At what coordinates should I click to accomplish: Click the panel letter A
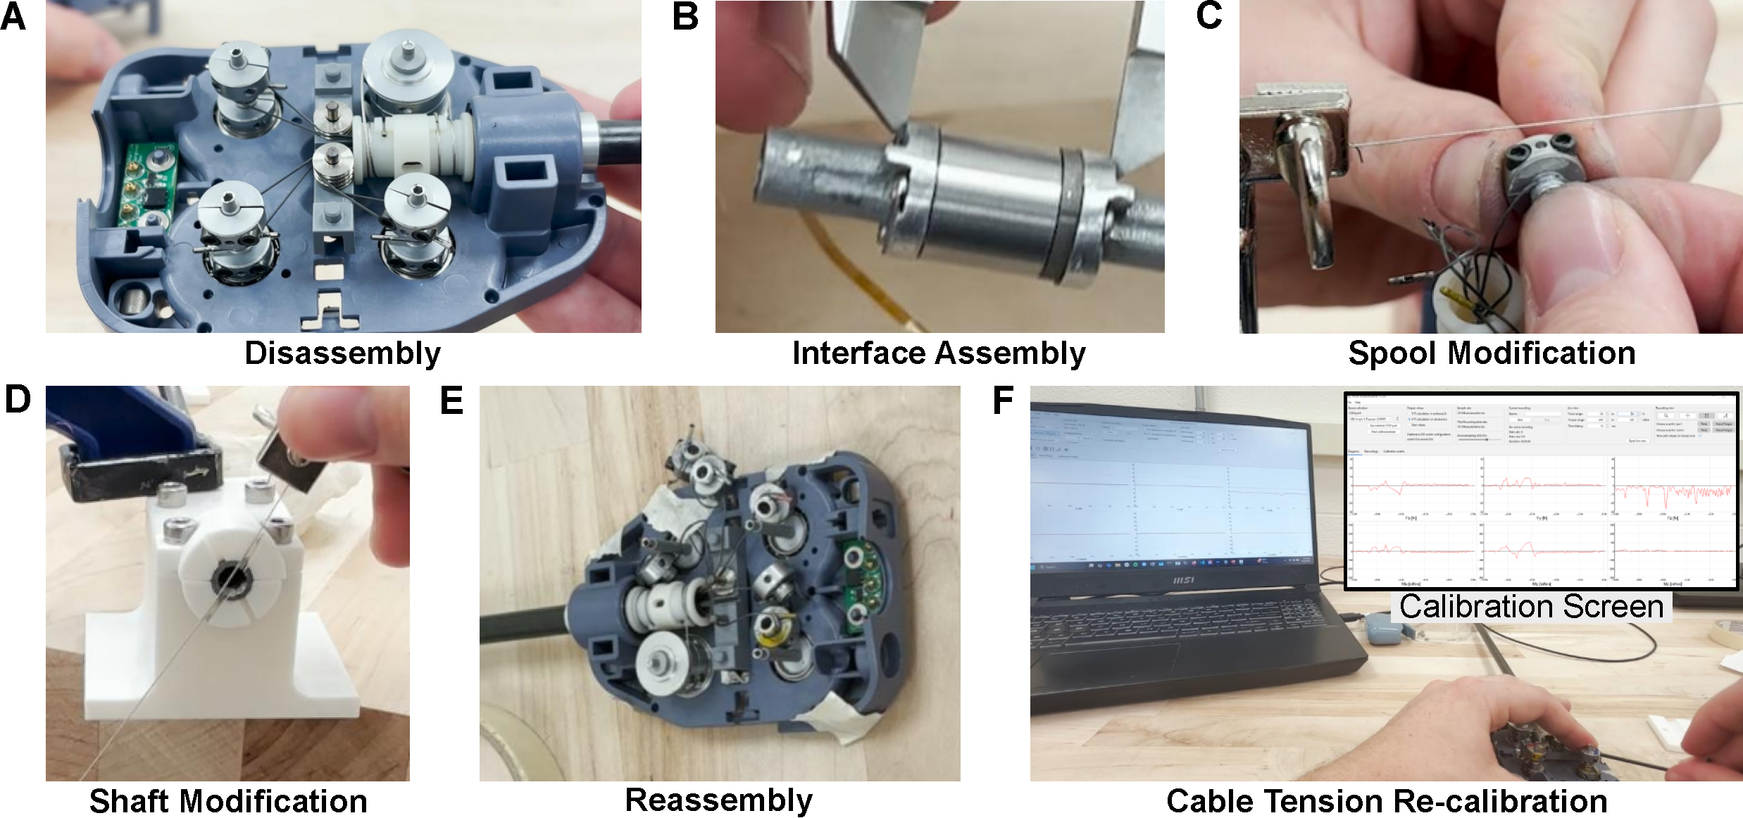[13, 17]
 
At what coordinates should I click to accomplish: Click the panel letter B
[685, 17]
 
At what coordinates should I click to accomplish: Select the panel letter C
[1208, 17]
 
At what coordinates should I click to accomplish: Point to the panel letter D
[18, 400]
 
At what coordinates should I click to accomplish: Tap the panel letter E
[451, 401]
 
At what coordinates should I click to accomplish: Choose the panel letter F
[1003, 401]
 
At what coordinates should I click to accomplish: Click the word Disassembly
[342, 353]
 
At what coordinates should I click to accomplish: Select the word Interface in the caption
[859, 353]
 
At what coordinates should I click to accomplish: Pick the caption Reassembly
[718, 800]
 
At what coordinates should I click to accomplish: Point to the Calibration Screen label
[1531, 607]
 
